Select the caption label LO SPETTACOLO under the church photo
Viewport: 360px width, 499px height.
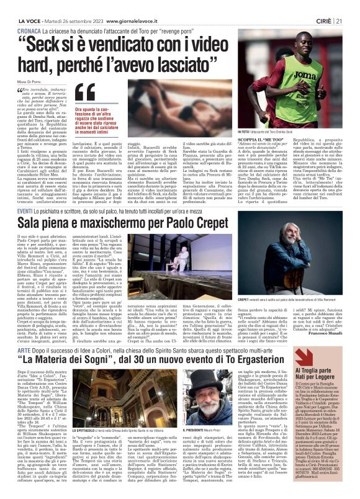pyautogui.click(x=90, y=436)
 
